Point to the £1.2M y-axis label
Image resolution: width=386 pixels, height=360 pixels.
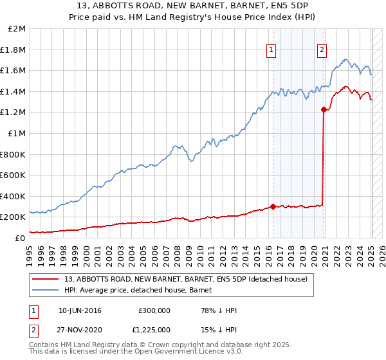[14, 113]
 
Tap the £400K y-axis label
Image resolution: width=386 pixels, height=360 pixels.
[13, 196]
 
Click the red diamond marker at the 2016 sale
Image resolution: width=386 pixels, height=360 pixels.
[273, 206]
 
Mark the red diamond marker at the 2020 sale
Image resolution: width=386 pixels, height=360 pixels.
[323, 110]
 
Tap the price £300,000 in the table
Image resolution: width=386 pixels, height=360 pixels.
[154, 310]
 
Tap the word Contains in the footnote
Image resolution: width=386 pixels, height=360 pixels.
[46, 345]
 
